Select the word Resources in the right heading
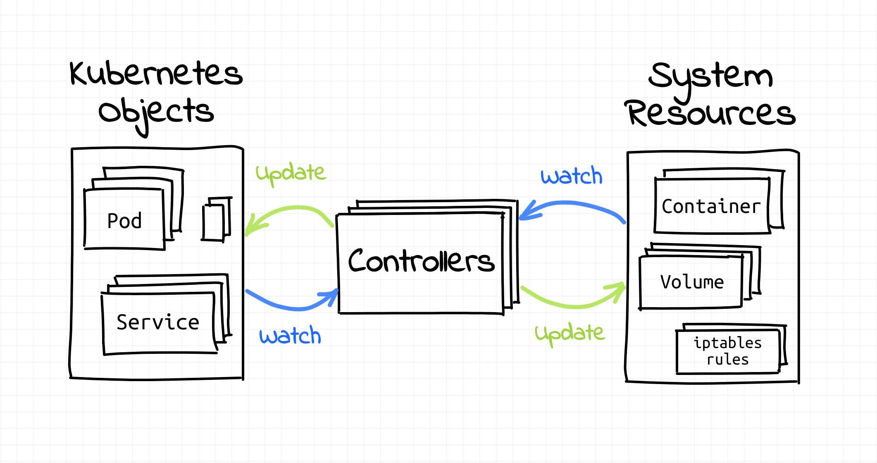[x=710, y=113]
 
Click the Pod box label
[x=124, y=221]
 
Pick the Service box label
[x=158, y=322]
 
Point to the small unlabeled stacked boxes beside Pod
[x=216, y=220]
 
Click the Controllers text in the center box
[x=421, y=261]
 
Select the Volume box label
[x=692, y=282]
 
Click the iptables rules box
[x=727, y=351]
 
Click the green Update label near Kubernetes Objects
[x=291, y=173]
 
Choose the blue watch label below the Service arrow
[x=290, y=336]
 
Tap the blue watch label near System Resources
[x=572, y=176]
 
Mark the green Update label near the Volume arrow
[x=570, y=333]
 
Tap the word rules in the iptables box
[x=727, y=360]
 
